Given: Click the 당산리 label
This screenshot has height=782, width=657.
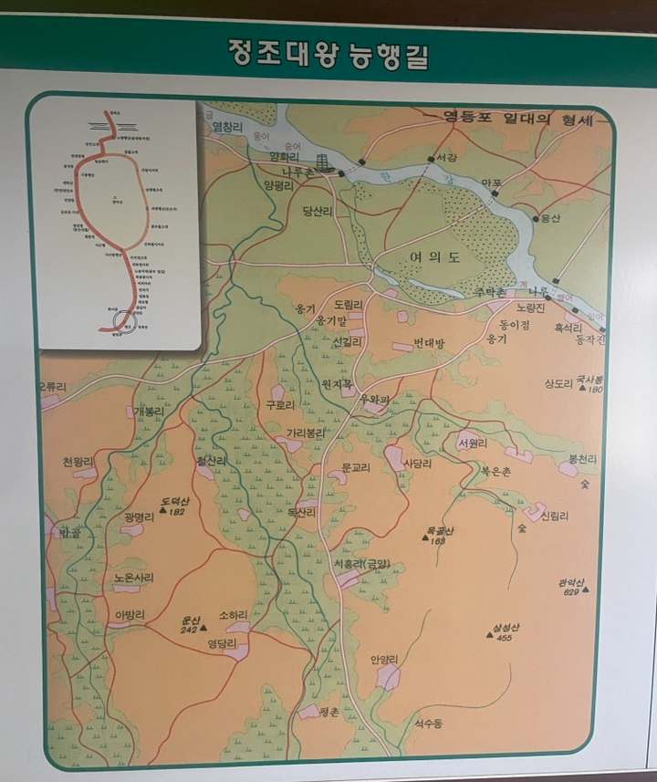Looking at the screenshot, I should point(320,211).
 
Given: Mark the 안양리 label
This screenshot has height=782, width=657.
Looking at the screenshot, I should point(384,659).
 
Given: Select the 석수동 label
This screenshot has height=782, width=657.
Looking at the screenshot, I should point(427,723).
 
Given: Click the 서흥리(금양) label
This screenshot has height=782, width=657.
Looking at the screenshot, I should point(361,564).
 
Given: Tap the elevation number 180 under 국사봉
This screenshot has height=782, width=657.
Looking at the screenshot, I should point(595,390).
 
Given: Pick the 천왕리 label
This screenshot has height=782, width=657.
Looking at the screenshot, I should point(78,462).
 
